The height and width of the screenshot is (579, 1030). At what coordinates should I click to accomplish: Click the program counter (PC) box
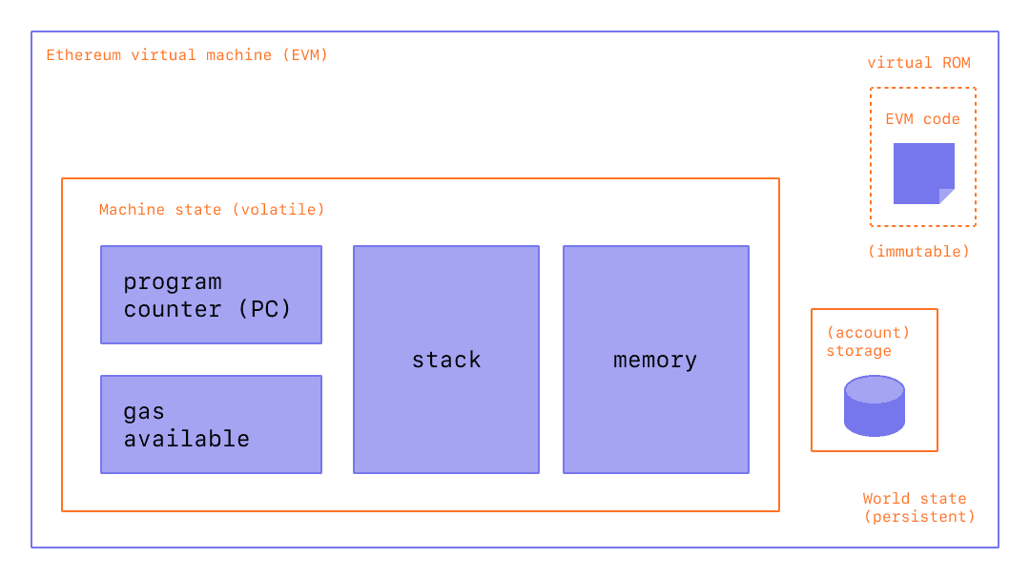(211, 295)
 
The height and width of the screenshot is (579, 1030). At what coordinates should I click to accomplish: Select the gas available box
(211, 424)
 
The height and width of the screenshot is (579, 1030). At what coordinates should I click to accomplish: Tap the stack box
(445, 360)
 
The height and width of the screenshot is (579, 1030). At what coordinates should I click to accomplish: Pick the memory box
(655, 360)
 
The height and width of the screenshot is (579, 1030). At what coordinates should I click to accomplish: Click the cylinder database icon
(874, 406)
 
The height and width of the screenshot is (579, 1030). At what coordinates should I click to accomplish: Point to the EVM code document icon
(923, 173)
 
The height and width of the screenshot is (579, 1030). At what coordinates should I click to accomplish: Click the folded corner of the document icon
(947, 196)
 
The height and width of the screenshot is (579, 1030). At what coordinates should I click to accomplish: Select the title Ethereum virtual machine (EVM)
(187, 55)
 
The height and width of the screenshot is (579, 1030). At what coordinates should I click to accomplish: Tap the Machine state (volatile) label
(211, 209)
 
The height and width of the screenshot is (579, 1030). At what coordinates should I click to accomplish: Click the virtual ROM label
(918, 63)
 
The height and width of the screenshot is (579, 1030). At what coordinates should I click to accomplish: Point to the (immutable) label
(918, 252)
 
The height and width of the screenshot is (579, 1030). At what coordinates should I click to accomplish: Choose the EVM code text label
(922, 119)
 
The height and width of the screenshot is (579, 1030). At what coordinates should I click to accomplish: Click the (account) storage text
(867, 341)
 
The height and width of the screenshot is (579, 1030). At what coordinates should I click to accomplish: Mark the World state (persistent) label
(918, 507)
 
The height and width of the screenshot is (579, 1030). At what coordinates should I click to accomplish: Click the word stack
(446, 361)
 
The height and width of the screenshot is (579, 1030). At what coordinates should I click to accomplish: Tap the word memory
(655, 361)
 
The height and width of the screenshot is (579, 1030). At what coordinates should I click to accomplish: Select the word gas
(144, 413)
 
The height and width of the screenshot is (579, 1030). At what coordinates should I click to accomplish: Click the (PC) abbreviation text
(263, 309)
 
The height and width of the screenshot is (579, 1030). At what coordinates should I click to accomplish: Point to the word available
(187, 439)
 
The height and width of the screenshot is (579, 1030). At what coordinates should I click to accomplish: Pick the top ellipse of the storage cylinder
(874, 389)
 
